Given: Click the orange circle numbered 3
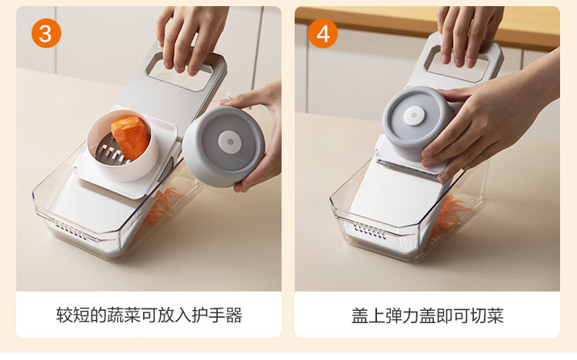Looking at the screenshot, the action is click(46, 34).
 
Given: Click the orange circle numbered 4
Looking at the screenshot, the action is click(322, 34).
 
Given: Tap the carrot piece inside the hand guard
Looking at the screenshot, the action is click(130, 137).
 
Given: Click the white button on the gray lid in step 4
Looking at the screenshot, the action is click(414, 116).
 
